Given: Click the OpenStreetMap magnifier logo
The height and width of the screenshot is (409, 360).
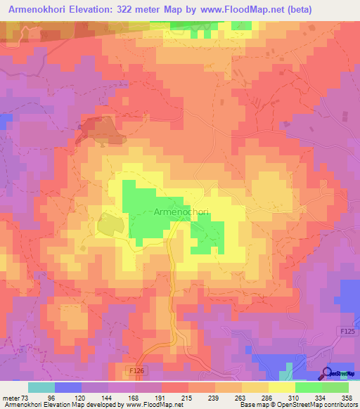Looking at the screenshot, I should point(328,372).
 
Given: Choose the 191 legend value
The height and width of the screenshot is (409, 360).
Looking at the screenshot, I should point(162,397).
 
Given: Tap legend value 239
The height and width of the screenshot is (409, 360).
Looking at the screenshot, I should point(215,397).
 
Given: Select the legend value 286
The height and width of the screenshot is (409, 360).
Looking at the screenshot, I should point(269,397).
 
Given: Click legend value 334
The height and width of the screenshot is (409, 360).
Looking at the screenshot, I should point(322,397).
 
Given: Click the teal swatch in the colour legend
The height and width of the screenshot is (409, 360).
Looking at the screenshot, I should point(41,387).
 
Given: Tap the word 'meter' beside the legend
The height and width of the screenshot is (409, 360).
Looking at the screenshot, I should point(12,397).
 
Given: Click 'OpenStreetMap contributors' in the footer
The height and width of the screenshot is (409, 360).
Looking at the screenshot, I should point(313,405).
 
